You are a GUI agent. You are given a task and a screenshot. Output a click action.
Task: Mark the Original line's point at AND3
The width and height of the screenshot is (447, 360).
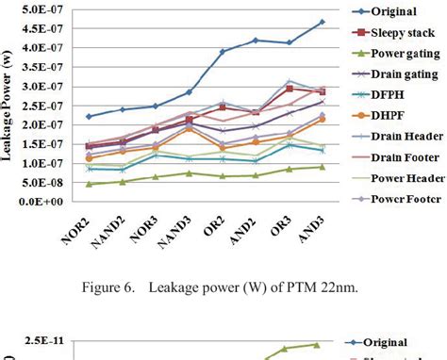click(322, 22)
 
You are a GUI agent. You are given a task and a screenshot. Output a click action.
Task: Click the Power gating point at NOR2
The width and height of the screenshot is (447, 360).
click(89, 184)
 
